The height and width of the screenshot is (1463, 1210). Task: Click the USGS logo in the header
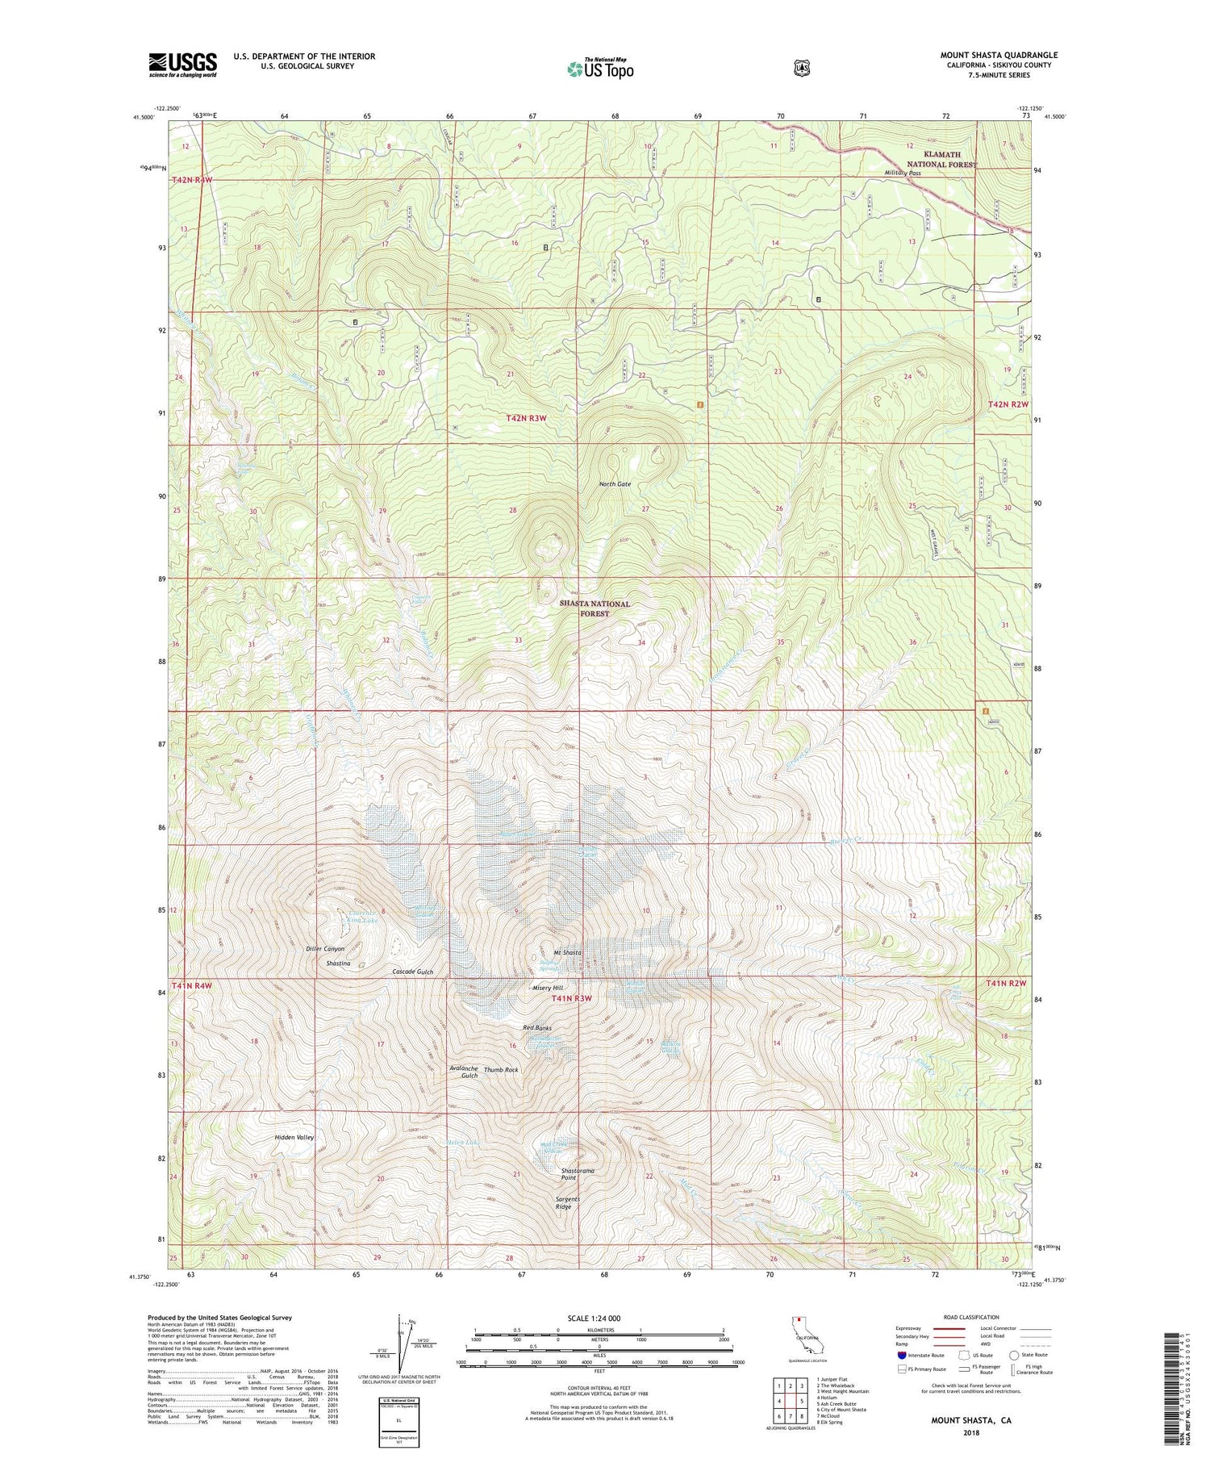click(182, 65)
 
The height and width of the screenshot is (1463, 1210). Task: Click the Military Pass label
click(902, 173)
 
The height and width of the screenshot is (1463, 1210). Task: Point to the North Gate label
click(615, 484)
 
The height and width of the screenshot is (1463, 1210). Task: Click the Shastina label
click(338, 963)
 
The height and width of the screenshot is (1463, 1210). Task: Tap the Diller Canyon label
click(325, 948)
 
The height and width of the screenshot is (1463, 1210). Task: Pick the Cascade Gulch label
click(413, 972)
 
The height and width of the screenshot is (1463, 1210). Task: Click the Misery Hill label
click(548, 988)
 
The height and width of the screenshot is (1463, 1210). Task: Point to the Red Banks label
click(537, 1028)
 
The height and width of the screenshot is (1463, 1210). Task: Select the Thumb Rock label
click(501, 1069)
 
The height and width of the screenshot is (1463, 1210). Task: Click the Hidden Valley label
click(294, 1137)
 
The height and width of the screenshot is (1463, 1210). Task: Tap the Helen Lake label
click(463, 1143)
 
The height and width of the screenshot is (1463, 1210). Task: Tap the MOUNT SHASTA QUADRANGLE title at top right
click(999, 55)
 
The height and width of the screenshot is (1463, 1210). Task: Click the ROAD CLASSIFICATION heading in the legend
click(964, 1317)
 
